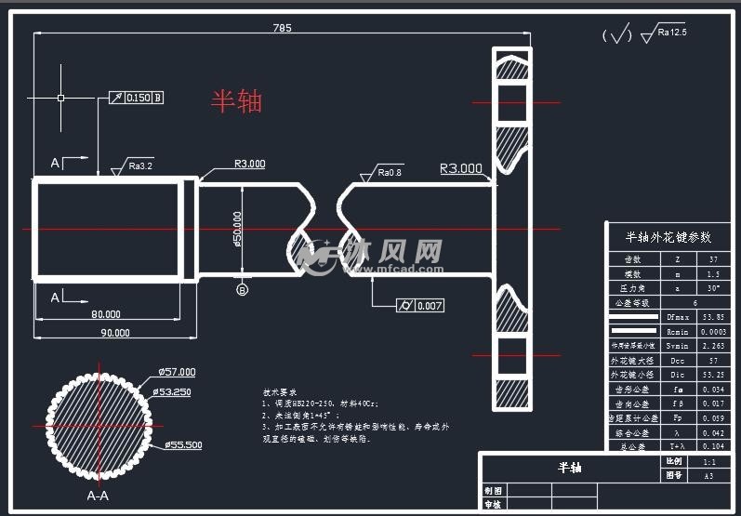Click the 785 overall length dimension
tap(283, 28)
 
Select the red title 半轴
tap(237, 100)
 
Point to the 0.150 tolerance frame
tap(138, 98)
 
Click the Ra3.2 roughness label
tap(140, 166)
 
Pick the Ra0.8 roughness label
tap(390, 173)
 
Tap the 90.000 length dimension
tap(115, 332)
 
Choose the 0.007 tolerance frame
tap(420, 306)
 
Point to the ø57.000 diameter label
tap(177, 371)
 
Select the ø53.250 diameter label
tap(173, 392)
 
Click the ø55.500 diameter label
tap(184, 445)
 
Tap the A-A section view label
tap(98, 496)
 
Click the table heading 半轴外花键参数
tap(668, 237)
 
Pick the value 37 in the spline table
tap(713, 260)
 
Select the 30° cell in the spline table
tap(713, 289)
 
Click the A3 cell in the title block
tap(708, 475)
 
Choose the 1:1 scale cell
tap(708, 461)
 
